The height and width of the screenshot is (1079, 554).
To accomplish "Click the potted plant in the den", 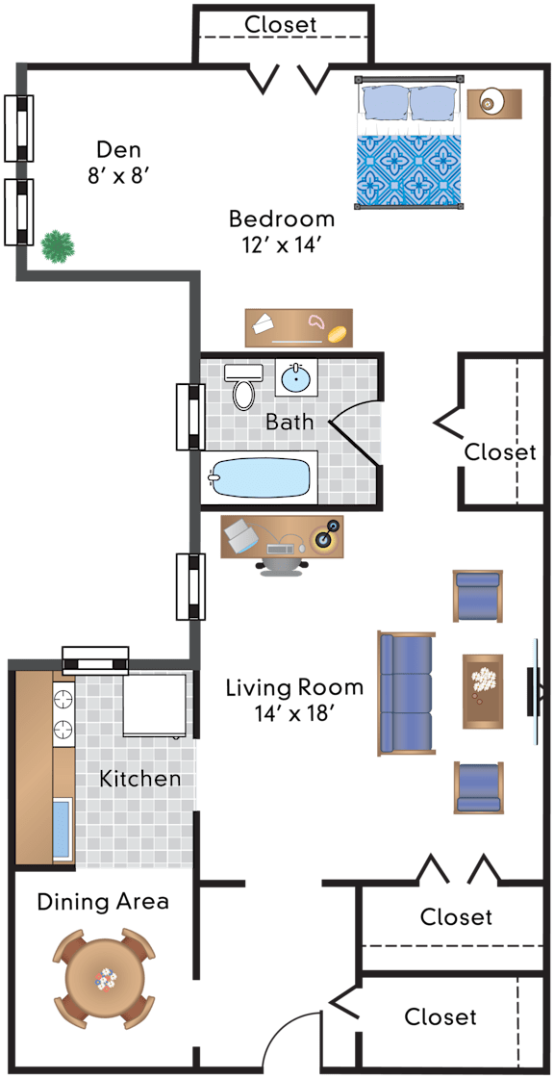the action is (x=58, y=246).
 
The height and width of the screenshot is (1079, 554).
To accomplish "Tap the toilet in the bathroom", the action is (x=243, y=385).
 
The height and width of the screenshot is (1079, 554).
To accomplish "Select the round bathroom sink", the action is (x=296, y=377).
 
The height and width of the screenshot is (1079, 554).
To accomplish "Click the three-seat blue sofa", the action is (x=406, y=694).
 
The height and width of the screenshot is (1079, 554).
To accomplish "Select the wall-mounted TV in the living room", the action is (x=533, y=691).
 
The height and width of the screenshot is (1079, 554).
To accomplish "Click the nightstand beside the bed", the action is (x=494, y=103).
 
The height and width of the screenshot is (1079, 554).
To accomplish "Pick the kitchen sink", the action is (x=63, y=829).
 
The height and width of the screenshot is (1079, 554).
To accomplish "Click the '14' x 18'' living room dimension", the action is (x=295, y=713).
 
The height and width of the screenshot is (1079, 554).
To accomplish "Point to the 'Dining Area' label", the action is (x=103, y=901).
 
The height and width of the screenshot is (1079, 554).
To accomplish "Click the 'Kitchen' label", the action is (x=140, y=779).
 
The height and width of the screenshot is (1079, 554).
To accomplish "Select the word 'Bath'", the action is (x=290, y=422).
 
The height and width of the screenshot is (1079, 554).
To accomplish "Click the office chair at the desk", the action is (x=282, y=566).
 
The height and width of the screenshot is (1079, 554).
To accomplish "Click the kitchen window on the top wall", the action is (x=95, y=660).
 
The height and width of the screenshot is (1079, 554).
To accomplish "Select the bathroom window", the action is (x=190, y=416).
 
